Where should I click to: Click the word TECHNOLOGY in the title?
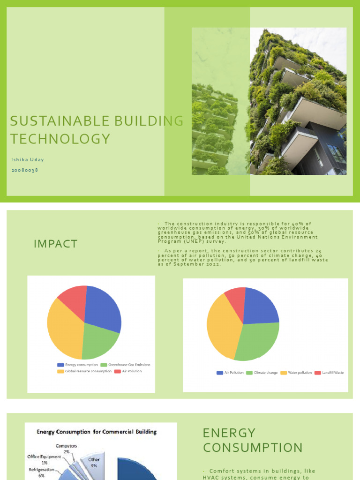pos(60,139)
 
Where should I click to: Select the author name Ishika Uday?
pos(28,160)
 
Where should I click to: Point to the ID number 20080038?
pos(25,170)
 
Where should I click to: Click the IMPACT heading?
pos(55,244)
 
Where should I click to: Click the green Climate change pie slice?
pos(258,340)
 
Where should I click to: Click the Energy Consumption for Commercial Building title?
pos(97,432)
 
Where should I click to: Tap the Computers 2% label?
pos(66,449)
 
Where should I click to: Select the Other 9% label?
pos(94,463)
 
